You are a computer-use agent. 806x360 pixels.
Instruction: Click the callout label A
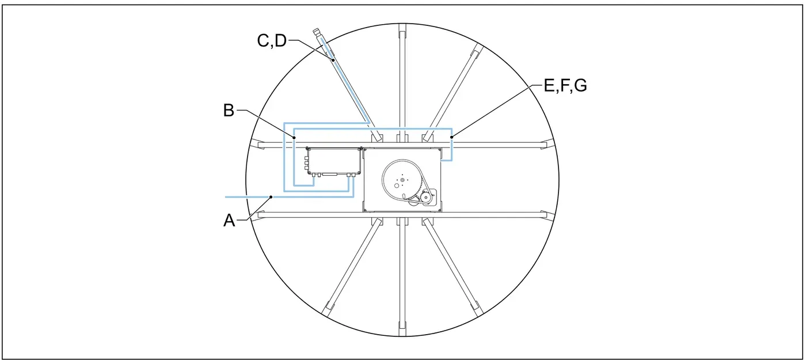[229, 220]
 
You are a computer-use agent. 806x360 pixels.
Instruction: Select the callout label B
[229, 110]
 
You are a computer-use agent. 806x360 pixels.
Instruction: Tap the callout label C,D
[272, 41]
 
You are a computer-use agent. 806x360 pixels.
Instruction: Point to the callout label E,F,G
[565, 86]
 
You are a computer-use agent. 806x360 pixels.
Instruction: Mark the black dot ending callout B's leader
[294, 137]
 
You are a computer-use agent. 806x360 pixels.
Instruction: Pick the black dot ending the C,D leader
[333, 60]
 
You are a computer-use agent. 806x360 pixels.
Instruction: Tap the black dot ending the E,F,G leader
[451, 137]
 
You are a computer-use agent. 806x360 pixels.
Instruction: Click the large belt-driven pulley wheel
[402, 179]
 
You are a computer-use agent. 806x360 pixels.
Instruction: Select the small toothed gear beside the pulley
[425, 197]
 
